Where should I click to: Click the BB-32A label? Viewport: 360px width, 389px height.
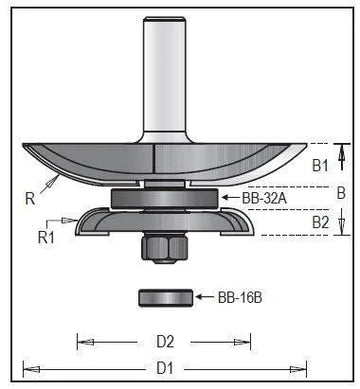(264, 198)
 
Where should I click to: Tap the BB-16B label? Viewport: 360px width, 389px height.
(240, 297)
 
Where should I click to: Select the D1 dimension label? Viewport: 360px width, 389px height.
(165, 369)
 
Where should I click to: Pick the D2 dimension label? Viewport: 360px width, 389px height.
(165, 342)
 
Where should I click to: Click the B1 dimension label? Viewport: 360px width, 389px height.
(320, 165)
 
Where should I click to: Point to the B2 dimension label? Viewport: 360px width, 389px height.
(320, 222)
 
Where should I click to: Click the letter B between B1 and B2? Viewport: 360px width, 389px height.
(341, 193)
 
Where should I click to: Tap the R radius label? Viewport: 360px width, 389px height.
(30, 199)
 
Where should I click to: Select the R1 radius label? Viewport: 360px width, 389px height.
(46, 237)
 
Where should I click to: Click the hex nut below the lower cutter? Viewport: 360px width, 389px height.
(165, 248)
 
